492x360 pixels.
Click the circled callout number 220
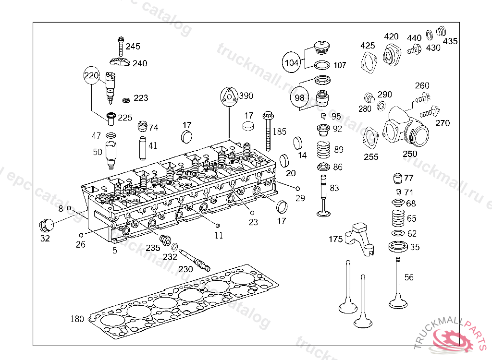click(91, 76)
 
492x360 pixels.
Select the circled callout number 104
click(291, 62)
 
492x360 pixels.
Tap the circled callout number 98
click(300, 97)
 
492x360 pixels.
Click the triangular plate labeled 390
click(230, 96)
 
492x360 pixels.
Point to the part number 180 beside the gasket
click(77, 319)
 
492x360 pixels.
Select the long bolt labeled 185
click(267, 129)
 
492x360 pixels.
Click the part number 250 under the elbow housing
click(410, 154)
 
